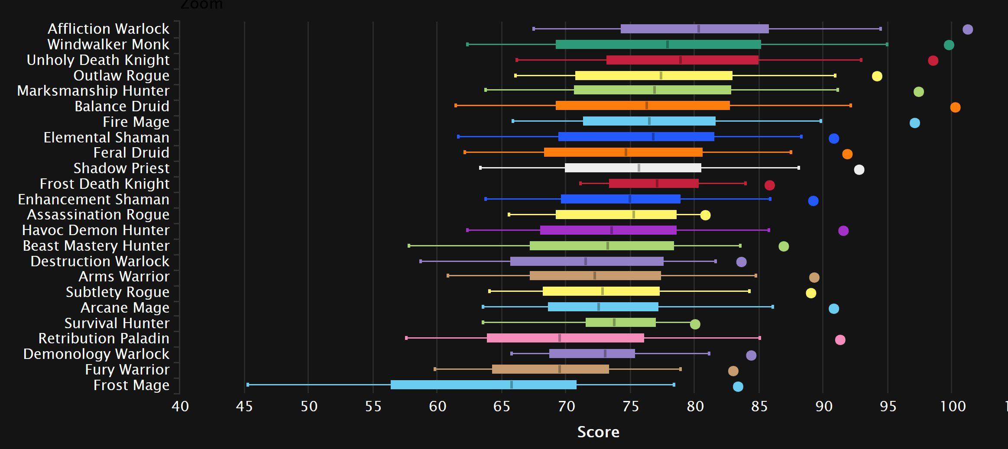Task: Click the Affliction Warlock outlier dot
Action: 967,29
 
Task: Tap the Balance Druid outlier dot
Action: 955,107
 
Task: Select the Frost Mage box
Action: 483,385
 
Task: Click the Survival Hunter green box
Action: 620,323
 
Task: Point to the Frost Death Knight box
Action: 653,184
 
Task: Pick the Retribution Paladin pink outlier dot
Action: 839,340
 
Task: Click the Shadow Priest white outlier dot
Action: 859,170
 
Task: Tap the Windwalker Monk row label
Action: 108,44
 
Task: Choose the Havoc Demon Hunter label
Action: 95,230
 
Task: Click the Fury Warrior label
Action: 127,369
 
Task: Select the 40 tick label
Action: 180,406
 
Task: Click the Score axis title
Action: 598,432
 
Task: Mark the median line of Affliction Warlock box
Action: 698,29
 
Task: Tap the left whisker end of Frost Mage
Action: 248,385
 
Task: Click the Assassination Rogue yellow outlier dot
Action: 705,215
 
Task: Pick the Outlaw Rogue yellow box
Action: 653,76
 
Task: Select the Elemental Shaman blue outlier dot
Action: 833,139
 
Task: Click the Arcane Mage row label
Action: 125,307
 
